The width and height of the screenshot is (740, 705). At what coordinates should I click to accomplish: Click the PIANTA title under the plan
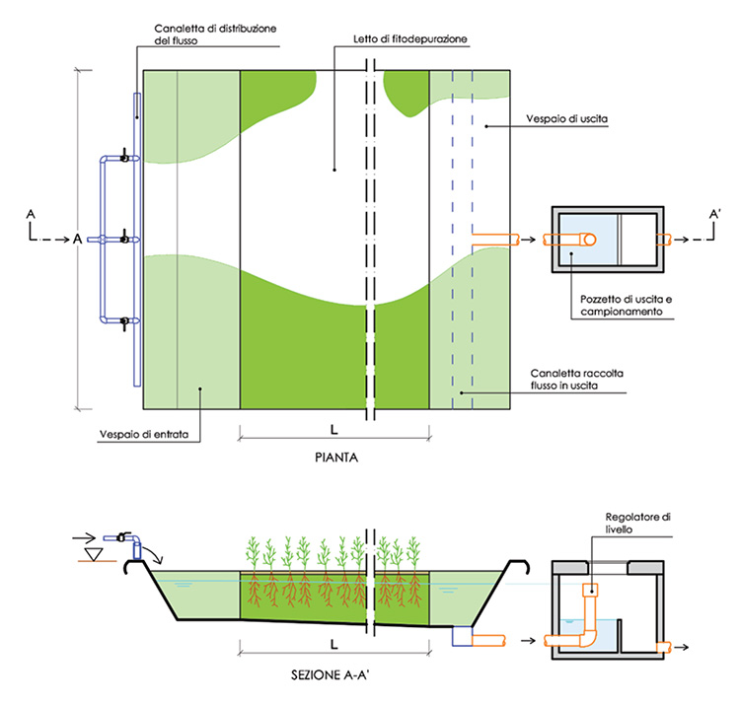tap(333, 458)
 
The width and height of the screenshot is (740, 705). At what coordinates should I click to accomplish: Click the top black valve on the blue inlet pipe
tap(124, 156)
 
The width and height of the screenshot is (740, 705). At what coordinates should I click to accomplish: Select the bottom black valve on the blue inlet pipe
tap(124, 321)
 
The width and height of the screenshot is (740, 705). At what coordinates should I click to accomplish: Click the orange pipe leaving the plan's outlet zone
tap(495, 239)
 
